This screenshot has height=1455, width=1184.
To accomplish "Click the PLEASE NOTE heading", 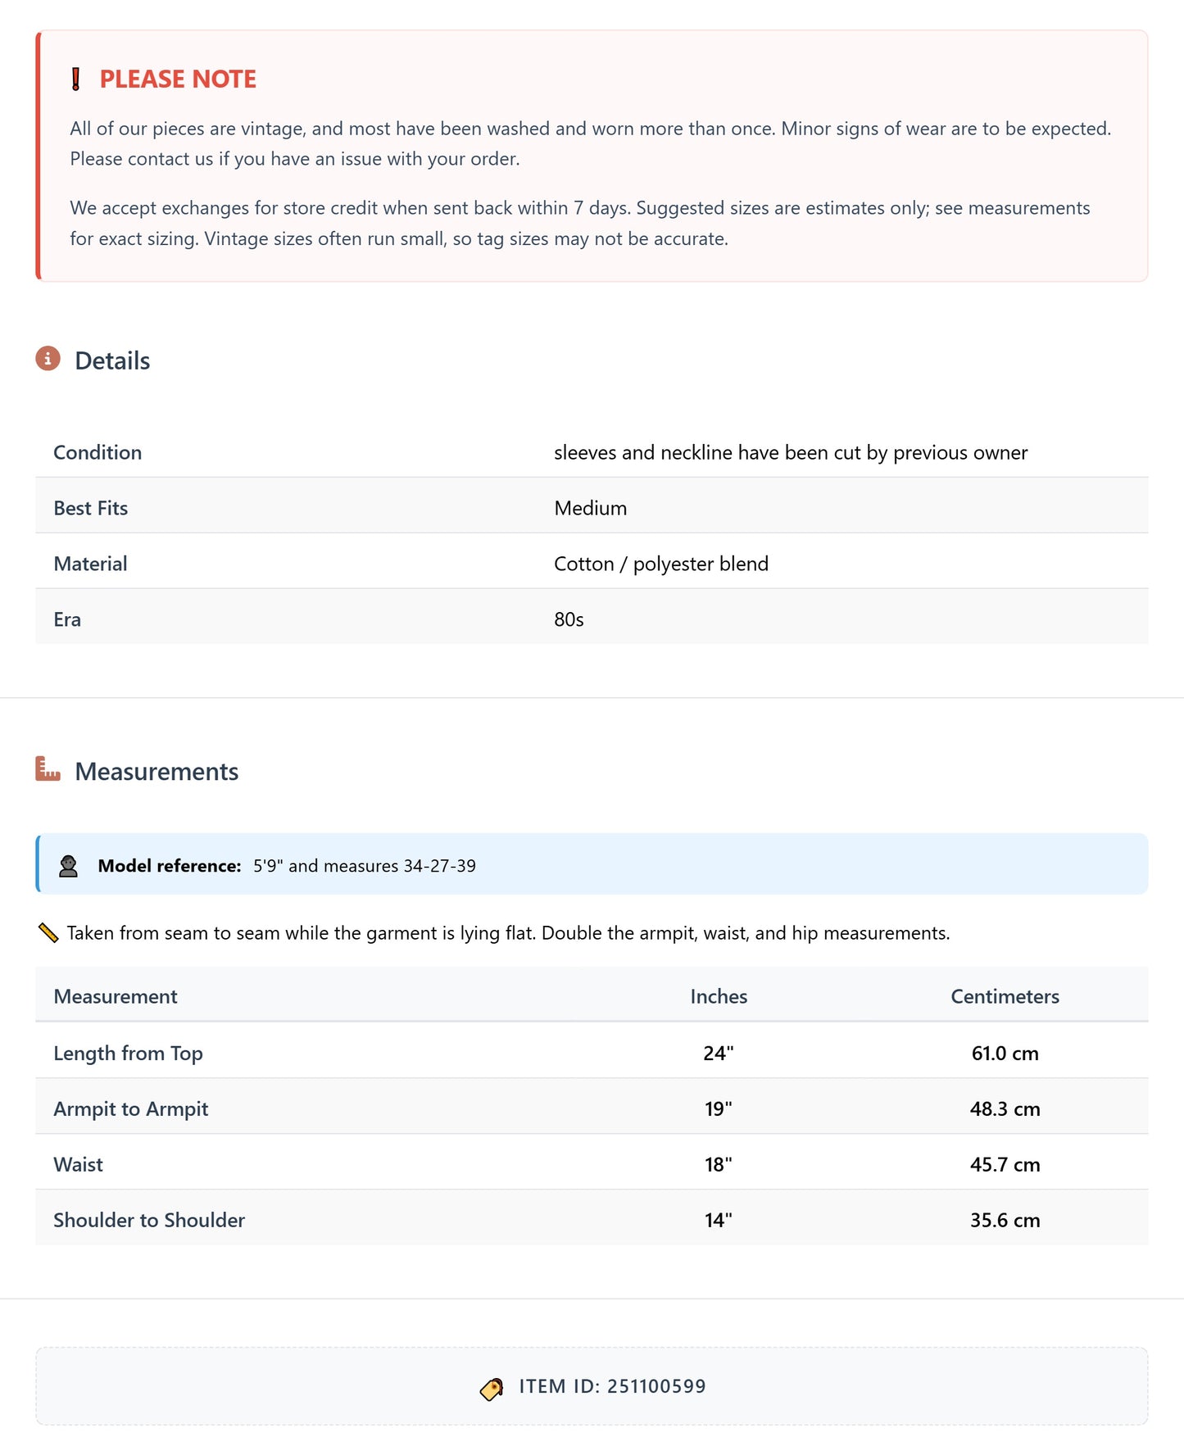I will (x=177, y=79).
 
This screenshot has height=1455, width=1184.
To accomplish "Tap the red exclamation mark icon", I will (x=76, y=79).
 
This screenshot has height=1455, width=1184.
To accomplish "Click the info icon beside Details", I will (x=48, y=359).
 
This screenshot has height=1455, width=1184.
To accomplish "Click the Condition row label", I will (x=98, y=453).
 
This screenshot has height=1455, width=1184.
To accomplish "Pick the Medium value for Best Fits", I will (x=590, y=509).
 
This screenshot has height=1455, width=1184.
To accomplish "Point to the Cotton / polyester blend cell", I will (x=660, y=564).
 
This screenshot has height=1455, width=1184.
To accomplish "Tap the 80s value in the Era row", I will (x=569, y=620).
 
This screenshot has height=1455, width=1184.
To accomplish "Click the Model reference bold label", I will (x=169, y=866).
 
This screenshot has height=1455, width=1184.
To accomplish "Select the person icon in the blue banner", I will (x=69, y=866).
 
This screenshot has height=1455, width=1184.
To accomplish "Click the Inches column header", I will (x=719, y=997).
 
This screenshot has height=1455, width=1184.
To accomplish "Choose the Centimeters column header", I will (x=1005, y=997).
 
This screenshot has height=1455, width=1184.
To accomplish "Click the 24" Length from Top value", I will (x=718, y=1054).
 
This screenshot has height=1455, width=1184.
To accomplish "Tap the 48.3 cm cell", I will (x=1005, y=1109).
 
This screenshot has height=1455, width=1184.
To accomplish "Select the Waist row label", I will (x=79, y=1165).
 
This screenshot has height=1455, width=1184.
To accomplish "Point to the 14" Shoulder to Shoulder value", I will (x=718, y=1221).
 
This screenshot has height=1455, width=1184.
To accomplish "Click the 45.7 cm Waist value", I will (x=1005, y=1165).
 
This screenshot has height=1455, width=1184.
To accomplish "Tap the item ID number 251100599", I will (x=656, y=1386).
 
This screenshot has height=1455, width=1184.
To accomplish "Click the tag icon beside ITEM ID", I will (x=492, y=1389).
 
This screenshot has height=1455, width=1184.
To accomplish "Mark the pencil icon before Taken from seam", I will (x=48, y=933).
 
